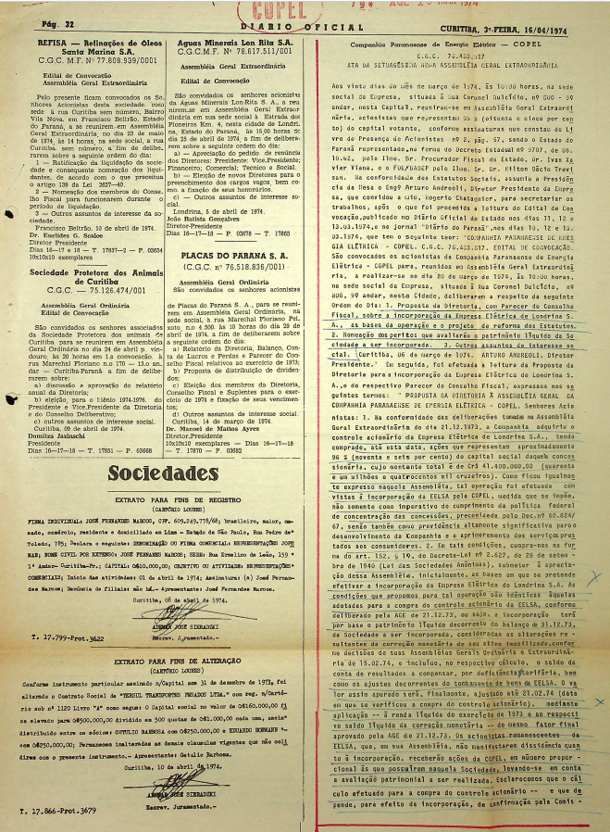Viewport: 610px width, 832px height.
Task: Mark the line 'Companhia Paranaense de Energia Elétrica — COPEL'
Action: tap(454, 44)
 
